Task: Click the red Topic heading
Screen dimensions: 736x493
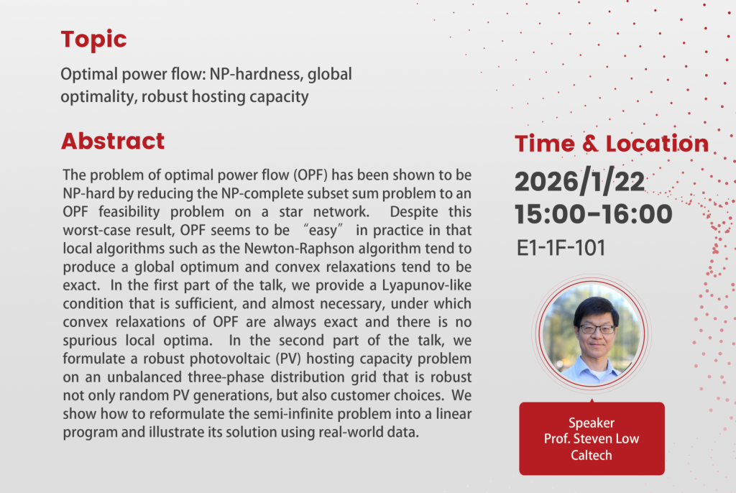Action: [94, 40]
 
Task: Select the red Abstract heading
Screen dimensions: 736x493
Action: [113, 141]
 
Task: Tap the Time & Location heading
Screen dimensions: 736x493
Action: [612, 143]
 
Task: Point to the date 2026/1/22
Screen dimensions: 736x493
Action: [580, 181]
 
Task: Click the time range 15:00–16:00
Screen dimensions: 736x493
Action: [593, 214]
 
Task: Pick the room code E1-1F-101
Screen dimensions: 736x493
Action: [561, 248]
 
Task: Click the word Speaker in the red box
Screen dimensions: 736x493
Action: [592, 423]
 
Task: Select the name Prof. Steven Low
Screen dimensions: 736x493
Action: [592, 438]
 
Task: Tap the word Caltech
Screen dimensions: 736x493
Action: [592, 455]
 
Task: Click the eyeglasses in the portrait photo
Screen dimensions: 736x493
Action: [597, 328]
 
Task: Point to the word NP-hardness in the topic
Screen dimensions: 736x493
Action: [257, 74]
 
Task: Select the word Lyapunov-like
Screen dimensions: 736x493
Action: [427, 285]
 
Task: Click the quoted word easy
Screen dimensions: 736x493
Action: [323, 231]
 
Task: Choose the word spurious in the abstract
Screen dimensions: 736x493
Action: [90, 341]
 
